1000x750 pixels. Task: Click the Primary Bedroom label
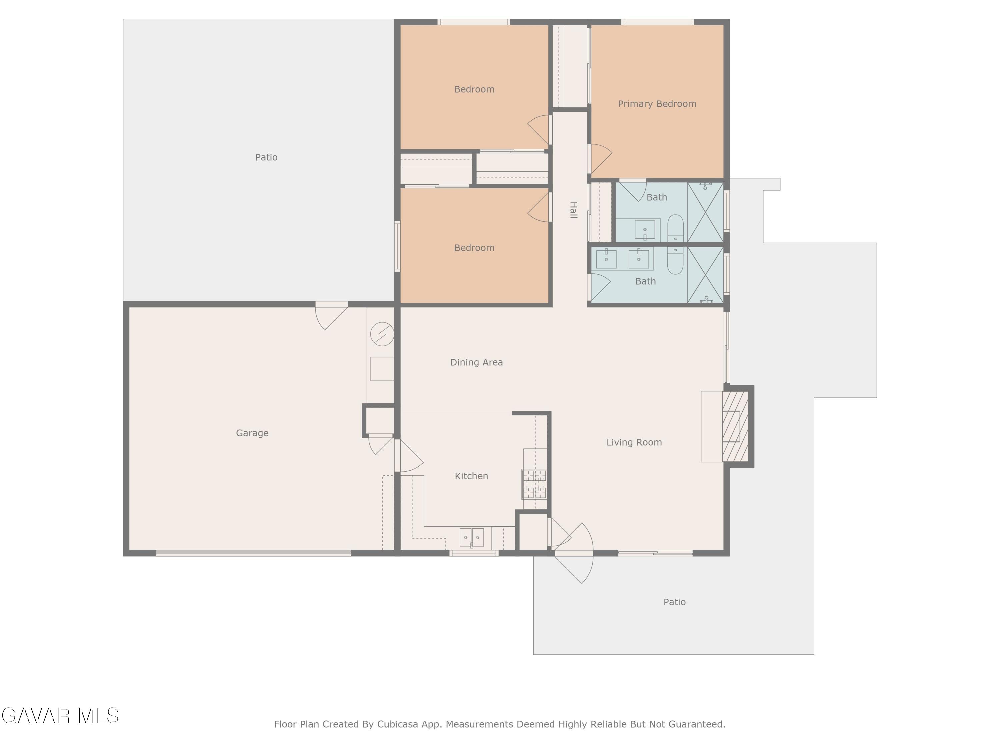(657, 104)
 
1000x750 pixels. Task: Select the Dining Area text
(476, 362)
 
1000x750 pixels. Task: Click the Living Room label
(634, 442)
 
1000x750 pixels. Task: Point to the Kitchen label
(471, 476)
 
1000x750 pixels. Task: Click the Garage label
(252, 433)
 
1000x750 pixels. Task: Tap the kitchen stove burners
(534, 484)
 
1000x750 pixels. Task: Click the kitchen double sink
(472, 538)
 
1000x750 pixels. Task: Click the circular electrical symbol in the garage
(382, 334)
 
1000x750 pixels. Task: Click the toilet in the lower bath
(675, 260)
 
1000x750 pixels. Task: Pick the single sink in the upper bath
(645, 230)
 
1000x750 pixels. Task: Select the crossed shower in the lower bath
(705, 275)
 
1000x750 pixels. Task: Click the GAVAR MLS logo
(60, 716)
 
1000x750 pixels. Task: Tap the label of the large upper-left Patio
(266, 157)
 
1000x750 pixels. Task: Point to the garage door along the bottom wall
(254, 553)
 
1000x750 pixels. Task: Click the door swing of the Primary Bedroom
(602, 159)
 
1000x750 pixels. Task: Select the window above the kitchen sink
(474, 553)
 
